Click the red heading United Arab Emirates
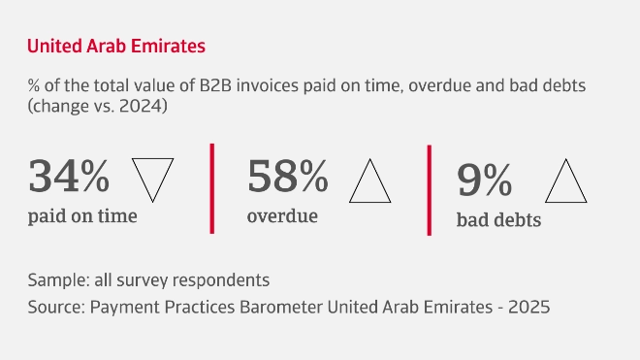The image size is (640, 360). click(115, 46)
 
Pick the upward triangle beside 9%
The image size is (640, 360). click(567, 180)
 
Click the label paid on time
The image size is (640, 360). click(82, 215)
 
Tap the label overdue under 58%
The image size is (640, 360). click(282, 215)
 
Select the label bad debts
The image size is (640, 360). click(498, 220)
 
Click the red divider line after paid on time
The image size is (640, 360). click(211, 188)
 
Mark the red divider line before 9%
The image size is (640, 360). click(430, 190)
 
